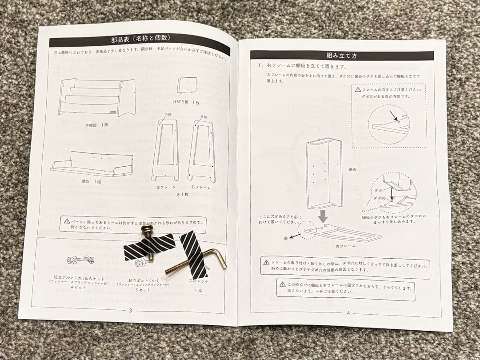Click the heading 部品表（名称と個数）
tap(140, 39)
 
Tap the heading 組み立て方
tap(341, 56)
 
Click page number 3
tap(130, 310)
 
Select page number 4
tap(348, 313)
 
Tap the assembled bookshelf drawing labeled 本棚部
tap(96, 97)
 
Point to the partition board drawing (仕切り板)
tap(187, 85)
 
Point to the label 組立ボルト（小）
tap(144, 280)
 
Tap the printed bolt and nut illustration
tap(80, 260)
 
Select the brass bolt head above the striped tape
tap(147, 231)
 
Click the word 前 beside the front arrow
tap(286, 239)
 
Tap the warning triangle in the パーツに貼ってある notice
tap(67, 221)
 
